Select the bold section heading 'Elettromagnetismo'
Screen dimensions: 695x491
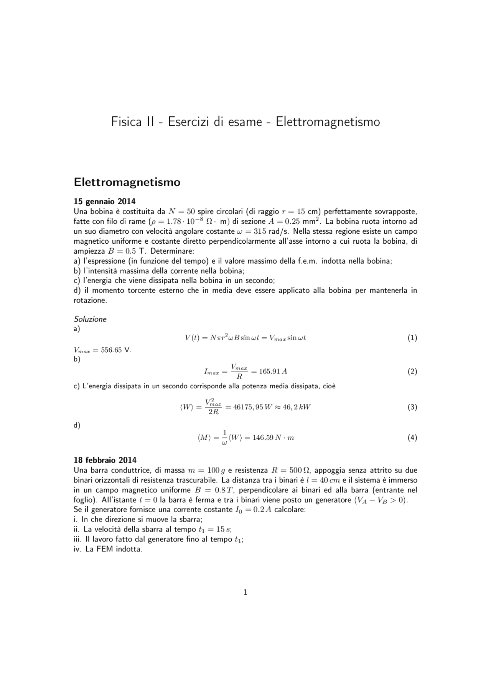[127, 182]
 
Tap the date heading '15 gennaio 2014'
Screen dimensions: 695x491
[104, 201]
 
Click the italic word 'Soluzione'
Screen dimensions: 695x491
[90, 319]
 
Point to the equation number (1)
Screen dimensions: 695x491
[412, 338]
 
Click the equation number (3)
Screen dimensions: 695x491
[412, 407]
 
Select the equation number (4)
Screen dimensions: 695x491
[412, 437]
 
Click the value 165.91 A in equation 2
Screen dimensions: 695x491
[273, 371]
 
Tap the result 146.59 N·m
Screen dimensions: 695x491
[273, 437]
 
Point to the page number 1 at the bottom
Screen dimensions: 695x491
[245, 592]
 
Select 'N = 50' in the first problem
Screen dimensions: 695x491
[182, 211]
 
